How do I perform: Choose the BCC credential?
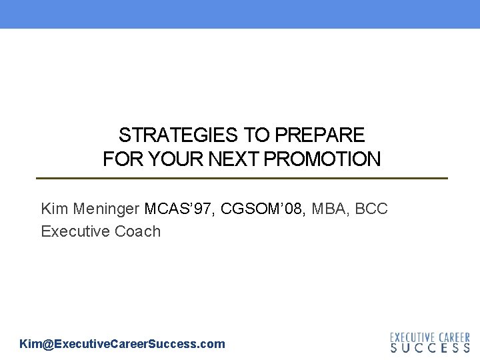click(x=371, y=209)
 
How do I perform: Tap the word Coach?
click(x=138, y=231)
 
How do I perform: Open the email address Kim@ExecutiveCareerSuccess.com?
click(x=123, y=344)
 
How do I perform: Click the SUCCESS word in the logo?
click(x=430, y=347)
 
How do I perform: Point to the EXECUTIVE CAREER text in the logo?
click(x=430, y=337)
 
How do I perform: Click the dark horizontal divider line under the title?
click(x=241, y=178)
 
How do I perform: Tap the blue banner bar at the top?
click(x=240, y=13)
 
